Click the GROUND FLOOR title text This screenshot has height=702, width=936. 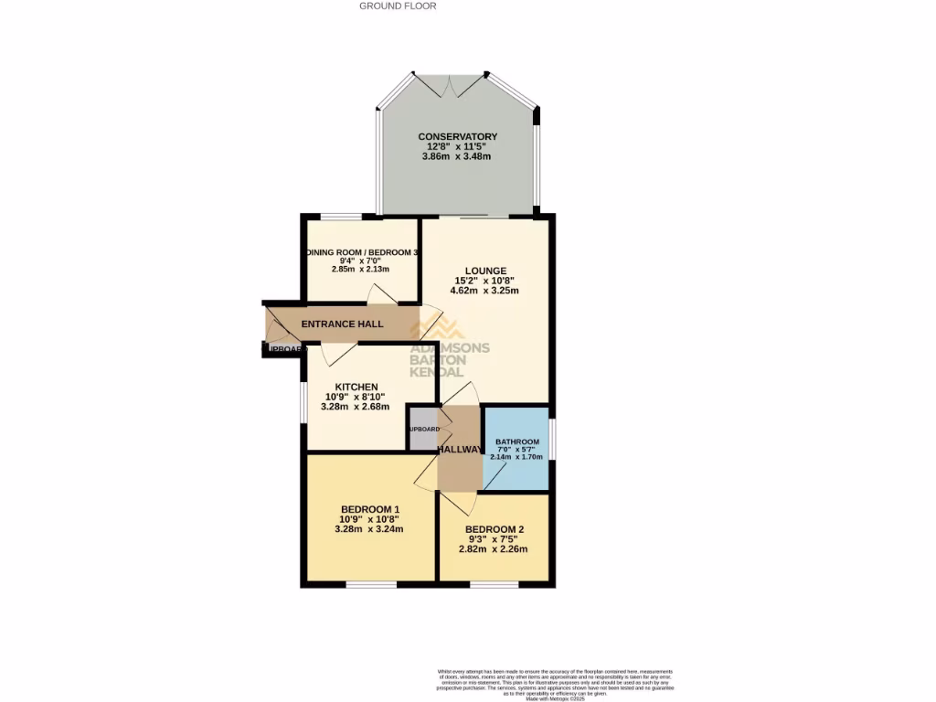(x=398, y=5)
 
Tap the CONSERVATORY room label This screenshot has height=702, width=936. (x=457, y=136)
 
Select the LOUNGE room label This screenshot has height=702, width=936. (x=485, y=271)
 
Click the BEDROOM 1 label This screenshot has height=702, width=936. (x=370, y=509)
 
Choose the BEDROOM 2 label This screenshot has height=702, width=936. (x=494, y=530)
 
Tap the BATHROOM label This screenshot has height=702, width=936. (x=517, y=442)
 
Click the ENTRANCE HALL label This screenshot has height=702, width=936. (x=343, y=324)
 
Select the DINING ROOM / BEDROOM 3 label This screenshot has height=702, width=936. (x=363, y=252)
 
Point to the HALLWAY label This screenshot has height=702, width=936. (x=460, y=450)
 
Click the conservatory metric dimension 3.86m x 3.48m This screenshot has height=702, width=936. (x=457, y=156)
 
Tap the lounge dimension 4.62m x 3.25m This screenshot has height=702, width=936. (x=484, y=291)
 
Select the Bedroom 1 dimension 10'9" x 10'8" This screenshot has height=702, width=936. (x=370, y=519)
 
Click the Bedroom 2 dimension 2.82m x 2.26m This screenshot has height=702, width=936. (x=494, y=549)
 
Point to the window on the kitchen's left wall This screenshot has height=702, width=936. (x=304, y=400)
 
